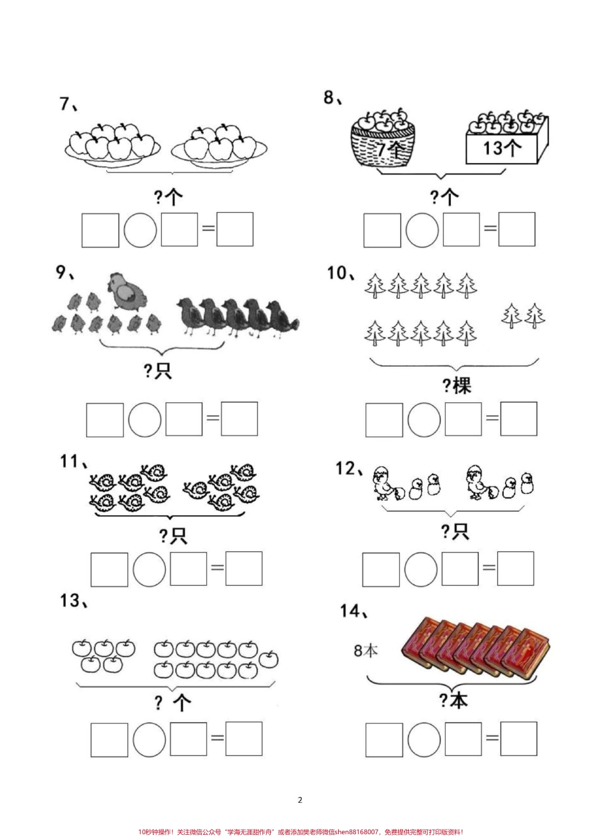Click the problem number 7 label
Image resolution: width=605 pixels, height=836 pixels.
pyautogui.click(x=68, y=104)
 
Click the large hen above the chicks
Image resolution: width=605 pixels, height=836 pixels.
pyautogui.click(x=127, y=291)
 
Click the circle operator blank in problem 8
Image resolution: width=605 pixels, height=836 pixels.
pyautogui.click(x=422, y=230)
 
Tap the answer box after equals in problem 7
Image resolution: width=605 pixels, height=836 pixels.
pyautogui.click(x=235, y=229)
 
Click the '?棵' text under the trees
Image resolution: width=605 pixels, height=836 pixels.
pyautogui.click(x=457, y=386)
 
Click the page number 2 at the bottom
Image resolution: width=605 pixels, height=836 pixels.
pyautogui.click(x=300, y=800)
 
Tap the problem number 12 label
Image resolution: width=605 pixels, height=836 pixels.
pyautogui.click(x=350, y=469)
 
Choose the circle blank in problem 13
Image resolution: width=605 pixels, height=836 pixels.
pyautogui.click(x=149, y=740)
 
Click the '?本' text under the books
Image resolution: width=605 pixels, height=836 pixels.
pyautogui.click(x=453, y=701)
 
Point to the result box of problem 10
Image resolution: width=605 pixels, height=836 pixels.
pyautogui.click(x=519, y=419)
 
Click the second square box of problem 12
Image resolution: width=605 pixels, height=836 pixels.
pyautogui.click(x=460, y=569)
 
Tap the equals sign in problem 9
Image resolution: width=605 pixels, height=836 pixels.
pyautogui.click(x=213, y=418)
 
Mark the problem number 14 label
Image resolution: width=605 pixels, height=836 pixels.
pyautogui.click(x=354, y=611)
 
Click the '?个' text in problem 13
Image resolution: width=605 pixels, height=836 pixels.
pyautogui.click(x=173, y=703)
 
